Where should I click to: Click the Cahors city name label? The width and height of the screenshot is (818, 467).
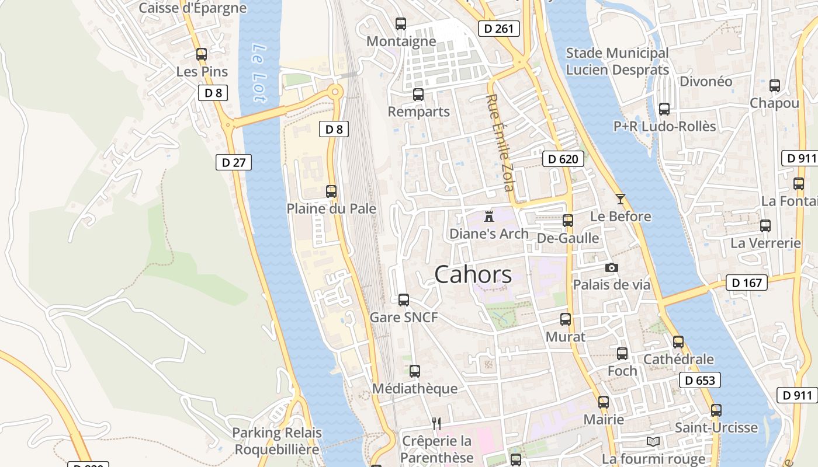pyautogui.click(x=473, y=274)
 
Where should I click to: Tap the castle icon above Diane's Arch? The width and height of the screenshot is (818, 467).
pyautogui.click(x=489, y=217)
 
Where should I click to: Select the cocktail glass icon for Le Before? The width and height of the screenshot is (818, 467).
pyautogui.click(x=620, y=199)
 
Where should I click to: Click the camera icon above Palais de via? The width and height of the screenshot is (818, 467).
pyautogui.click(x=612, y=267)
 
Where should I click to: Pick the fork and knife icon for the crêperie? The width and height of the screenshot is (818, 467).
pyautogui.click(x=436, y=423)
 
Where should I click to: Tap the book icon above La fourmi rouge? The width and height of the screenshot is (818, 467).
pyautogui.click(x=653, y=441)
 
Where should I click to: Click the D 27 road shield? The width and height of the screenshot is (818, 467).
pyautogui.click(x=234, y=162)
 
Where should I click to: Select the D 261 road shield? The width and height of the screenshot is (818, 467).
pyautogui.click(x=498, y=29)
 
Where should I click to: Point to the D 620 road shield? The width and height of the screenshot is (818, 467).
pyautogui.click(x=563, y=159)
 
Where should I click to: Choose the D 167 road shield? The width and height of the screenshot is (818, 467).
pyautogui.click(x=746, y=283)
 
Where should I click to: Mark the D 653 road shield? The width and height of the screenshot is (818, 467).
pyautogui.click(x=700, y=381)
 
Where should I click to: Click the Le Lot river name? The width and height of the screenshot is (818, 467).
pyautogui.click(x=260, y=73)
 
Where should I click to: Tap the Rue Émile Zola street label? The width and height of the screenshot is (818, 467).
pyautogui.click(x=501, y=142)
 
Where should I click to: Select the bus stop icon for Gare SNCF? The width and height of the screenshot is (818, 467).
pyautogui.click(x=404, y=300)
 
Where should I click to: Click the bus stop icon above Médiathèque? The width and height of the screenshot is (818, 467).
pyautogui.click(x=415, y=371)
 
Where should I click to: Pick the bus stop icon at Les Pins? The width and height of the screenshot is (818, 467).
pyautogui.click(x=202, y=54)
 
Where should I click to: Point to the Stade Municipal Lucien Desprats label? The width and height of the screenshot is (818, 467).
pyautogui.click(x=617, y=61)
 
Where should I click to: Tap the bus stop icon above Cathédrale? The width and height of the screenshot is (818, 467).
pyautogui.click(x=678, y=341)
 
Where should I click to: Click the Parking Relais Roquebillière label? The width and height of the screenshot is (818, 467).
pyautogui.click(x=277, y=441)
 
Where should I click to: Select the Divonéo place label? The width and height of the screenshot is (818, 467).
pyautogui.click(x=706, y=81)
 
